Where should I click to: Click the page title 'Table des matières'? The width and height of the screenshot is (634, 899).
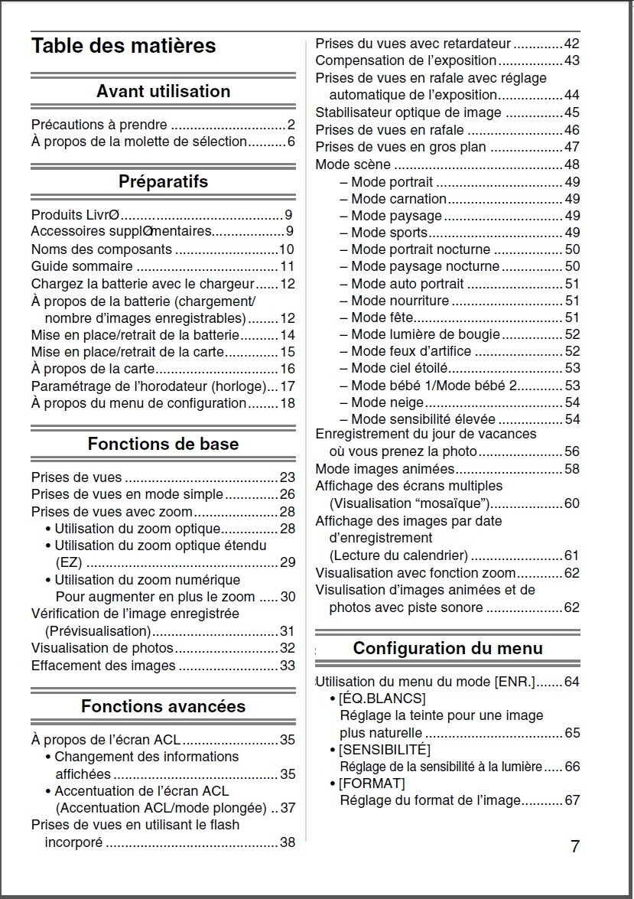tap(123, 46)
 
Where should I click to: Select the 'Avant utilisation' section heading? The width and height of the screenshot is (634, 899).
tap(163, 92)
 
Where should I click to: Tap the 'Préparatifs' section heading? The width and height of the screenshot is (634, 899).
tap(163, 182)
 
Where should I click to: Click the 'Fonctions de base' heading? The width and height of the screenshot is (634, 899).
tap(163, 445)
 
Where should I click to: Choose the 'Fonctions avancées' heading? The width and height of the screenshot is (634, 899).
tap(163, 706)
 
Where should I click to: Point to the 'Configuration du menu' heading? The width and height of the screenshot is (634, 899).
tap(447, 649)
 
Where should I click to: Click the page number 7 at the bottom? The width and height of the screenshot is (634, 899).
tap(575, 846)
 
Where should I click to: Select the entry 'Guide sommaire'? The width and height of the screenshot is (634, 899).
tap(82, 266)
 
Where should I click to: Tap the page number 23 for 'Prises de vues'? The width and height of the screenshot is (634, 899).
tap(287, 477)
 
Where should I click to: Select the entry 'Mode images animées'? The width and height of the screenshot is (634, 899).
tap(385, 469)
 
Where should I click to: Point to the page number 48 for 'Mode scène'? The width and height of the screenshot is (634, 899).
tap(571, 164)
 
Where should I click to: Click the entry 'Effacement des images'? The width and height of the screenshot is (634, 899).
tap(103, 666)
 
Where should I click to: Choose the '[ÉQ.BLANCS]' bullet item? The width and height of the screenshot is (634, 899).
tap(382, 699)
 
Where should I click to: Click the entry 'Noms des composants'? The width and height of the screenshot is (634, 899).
tap(102, 249)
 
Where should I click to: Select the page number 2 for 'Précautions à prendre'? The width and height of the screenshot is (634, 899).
tap(291, 125)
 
